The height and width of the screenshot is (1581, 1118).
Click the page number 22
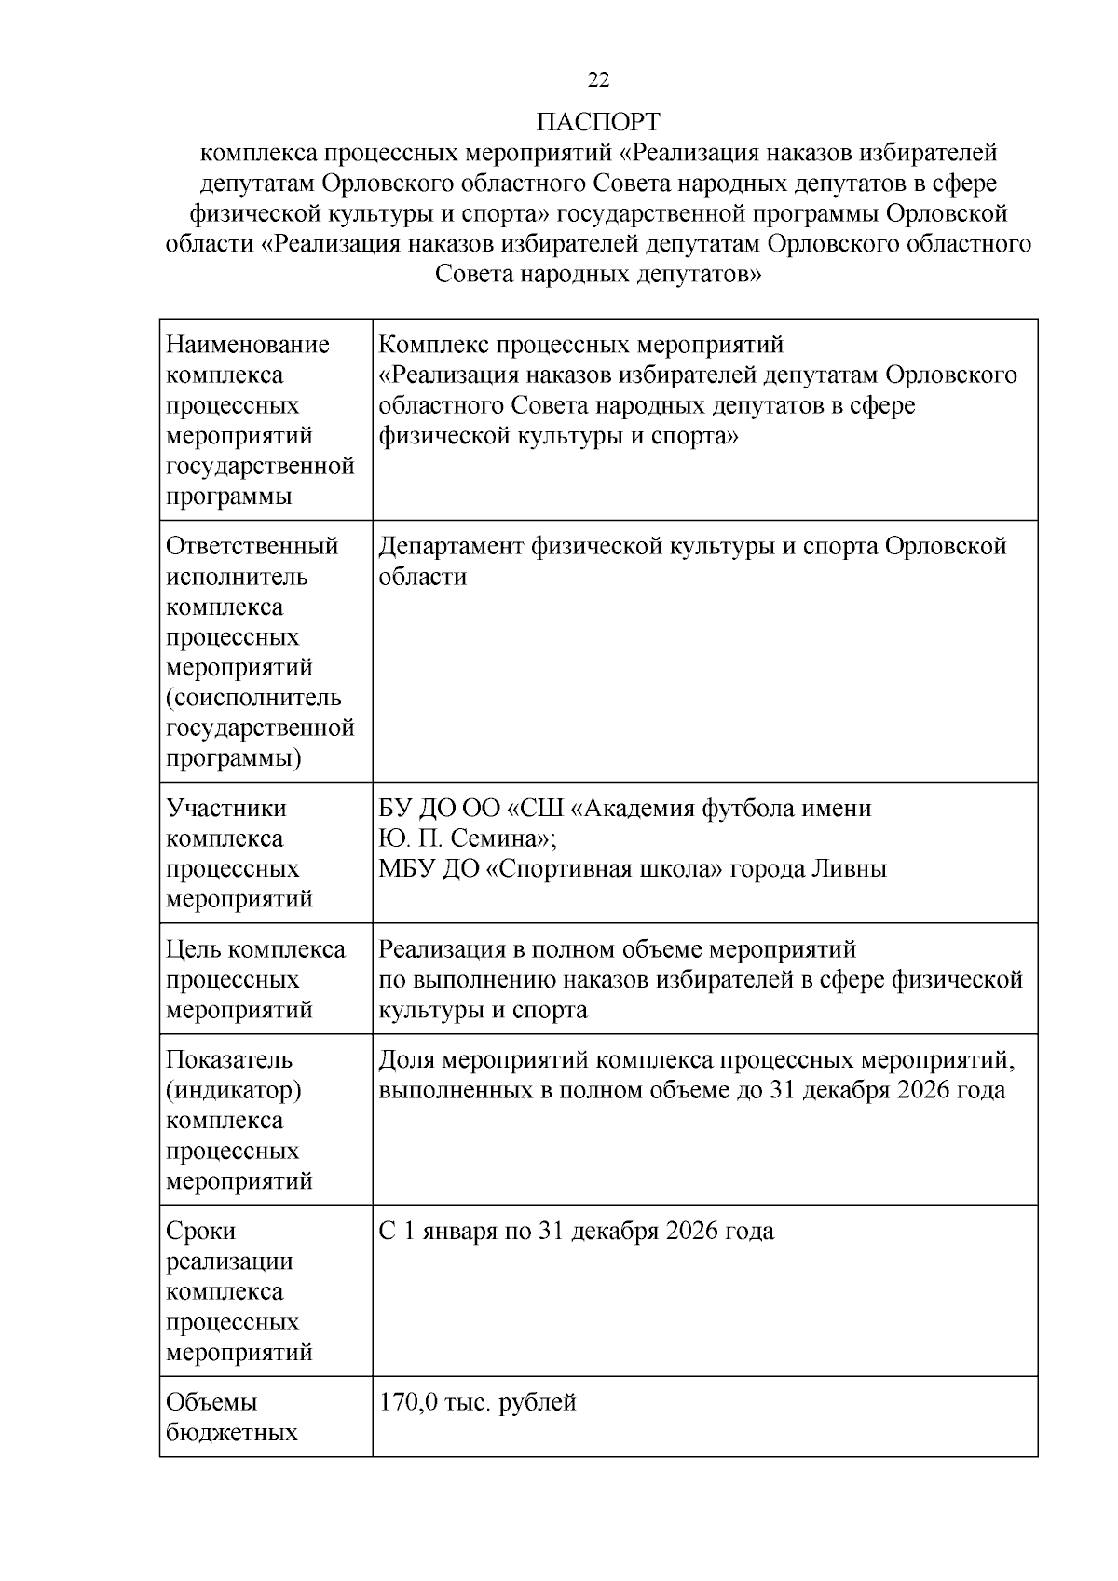[598, 80]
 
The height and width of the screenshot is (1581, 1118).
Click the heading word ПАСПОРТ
[598, 122]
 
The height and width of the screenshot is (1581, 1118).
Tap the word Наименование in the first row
[248, 345]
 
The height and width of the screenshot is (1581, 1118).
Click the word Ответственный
[252, 546]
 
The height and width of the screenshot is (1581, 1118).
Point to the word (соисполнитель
[254, 698]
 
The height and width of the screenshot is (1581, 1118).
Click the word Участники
[226, 808]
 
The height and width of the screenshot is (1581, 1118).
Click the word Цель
[193, 949]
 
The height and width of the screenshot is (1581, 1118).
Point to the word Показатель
[229, 1060]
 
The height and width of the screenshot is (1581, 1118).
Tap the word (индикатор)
[234, 1090]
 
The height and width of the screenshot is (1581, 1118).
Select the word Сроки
[201, 1232]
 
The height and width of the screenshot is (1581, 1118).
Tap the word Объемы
[212, 1402]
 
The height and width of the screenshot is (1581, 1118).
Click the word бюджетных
[232, 1433]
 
